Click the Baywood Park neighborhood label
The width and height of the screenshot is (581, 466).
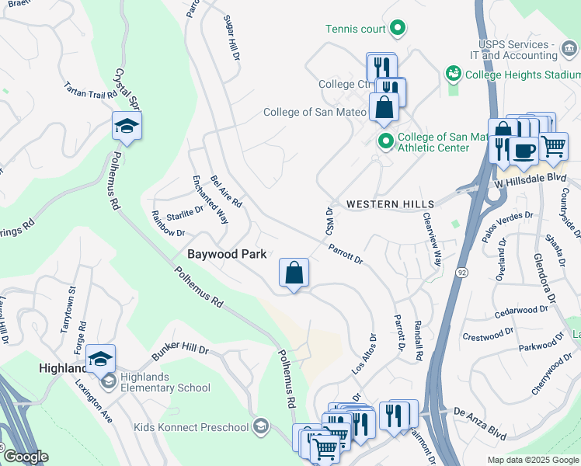227,254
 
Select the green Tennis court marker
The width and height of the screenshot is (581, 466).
398,30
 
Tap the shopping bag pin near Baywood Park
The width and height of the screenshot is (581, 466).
294,273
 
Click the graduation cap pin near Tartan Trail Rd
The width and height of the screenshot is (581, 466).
127,127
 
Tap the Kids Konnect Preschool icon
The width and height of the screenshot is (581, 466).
262,426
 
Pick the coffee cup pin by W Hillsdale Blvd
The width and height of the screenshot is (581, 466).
523,150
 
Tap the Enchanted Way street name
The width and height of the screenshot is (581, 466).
210,200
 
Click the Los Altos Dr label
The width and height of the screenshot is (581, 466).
364,355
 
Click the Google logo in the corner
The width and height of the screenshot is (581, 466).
25,457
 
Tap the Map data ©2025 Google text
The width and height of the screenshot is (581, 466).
532,460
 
